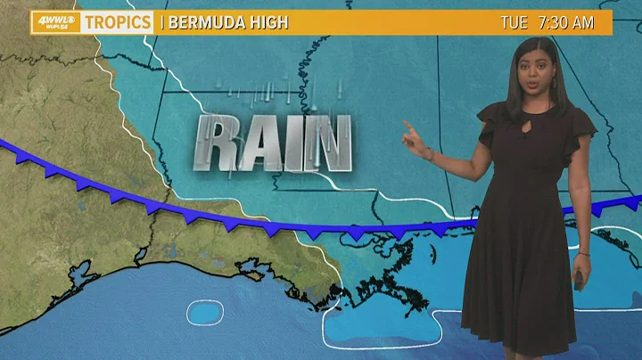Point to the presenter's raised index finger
[407, 125]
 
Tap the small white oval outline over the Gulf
[204, 311]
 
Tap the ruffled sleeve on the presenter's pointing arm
[488, 128]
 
